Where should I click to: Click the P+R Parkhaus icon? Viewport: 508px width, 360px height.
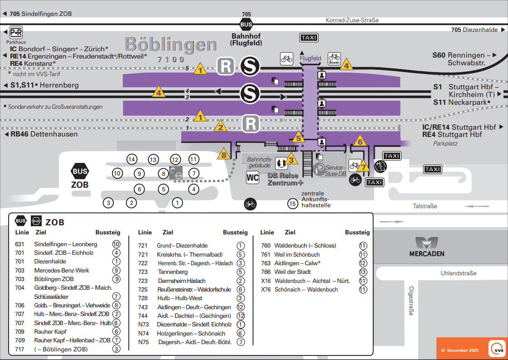(16, 32)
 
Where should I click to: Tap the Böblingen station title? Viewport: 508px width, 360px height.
(171, 44)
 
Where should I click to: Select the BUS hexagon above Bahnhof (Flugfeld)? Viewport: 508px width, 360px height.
(247, 25)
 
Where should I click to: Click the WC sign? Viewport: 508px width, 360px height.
(252, 177)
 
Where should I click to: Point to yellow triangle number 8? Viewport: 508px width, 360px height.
(223, 155)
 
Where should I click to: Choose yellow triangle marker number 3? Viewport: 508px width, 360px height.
(291, 159)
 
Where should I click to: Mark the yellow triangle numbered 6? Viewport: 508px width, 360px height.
(360, 141)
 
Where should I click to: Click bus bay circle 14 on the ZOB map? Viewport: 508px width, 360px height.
(131, 159)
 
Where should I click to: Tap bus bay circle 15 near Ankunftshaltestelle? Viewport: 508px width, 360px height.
(293, 204)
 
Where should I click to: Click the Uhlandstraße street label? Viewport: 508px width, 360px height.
(459, 273)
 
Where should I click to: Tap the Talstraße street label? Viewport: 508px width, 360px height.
(425, 206)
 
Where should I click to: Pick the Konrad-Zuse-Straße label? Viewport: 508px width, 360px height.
(352, 20)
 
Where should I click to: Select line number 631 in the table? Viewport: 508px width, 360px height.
(19, 244)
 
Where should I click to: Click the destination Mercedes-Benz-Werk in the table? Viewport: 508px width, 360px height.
(62, 270)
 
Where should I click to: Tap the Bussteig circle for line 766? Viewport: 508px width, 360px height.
(363, 272)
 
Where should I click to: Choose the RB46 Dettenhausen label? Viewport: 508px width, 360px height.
(44, 134)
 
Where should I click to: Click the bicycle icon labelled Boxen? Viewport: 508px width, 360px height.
(334, 58)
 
